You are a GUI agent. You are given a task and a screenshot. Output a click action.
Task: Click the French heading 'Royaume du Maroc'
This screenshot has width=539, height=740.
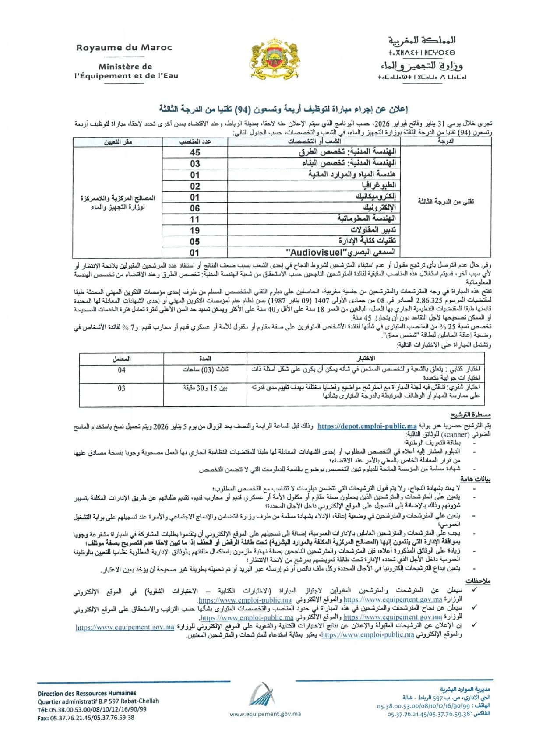pos(124,48)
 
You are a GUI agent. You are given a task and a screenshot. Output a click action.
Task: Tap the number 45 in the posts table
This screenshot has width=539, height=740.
pos(195,152)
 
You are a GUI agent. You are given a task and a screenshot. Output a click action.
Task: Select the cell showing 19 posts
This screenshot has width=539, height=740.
pos(195,230)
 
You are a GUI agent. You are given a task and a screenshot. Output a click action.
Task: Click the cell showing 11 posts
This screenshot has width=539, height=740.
pos(195,219)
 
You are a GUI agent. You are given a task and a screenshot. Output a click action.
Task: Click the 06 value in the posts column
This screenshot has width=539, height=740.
pos(195,208)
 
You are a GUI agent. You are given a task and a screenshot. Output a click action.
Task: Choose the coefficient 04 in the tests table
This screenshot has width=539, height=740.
pos(121,370)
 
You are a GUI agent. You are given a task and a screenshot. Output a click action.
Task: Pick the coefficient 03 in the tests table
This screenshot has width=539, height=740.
pos(121,388)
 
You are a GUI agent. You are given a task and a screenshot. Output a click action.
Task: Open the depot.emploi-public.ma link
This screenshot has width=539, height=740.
pos(367,426)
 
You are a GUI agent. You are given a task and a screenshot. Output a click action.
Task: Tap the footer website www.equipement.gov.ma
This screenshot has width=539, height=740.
pos(265,714)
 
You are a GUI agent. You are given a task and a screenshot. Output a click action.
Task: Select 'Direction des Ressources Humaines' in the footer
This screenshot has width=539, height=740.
pos(87,693)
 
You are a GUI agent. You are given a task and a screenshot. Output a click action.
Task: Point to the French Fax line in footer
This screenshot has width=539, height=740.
pos(86,718)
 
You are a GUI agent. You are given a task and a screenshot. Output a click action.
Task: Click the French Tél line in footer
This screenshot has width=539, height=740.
pos(92,709)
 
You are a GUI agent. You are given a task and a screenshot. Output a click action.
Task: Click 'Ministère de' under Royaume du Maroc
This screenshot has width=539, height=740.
pos(125,67)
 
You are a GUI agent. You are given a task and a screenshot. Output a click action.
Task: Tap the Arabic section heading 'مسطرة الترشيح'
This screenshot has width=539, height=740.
pos(470,415)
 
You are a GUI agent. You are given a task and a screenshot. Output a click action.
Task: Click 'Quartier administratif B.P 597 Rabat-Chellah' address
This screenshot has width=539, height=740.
pos(98,701)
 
